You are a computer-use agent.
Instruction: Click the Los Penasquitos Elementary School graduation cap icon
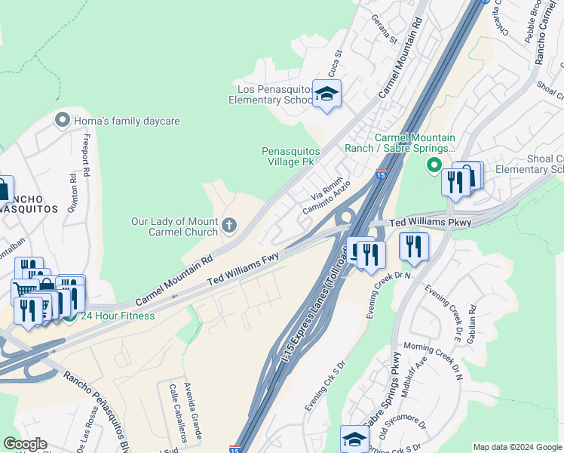326,94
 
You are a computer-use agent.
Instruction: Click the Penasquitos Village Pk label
291,156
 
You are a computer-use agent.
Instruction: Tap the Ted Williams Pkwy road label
431,223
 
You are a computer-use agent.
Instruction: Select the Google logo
25,444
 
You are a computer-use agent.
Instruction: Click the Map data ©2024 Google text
517,447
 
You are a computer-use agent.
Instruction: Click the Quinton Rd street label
72,196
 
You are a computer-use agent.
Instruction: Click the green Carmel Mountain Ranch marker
434,164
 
